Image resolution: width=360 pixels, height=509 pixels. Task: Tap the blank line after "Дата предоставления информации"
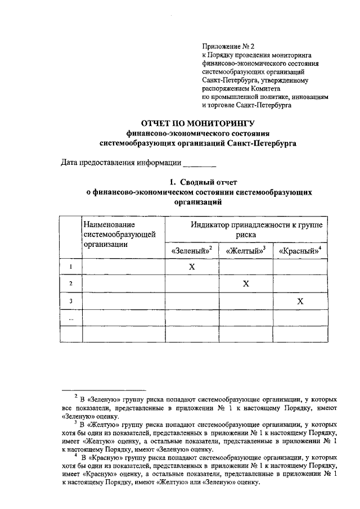point(200,164)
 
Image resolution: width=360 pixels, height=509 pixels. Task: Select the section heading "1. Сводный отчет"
point(204,182)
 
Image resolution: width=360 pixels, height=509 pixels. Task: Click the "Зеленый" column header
point(191,250)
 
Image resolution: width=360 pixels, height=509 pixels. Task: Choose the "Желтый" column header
point(245,250)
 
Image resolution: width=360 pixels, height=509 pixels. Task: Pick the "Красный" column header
point(300,250)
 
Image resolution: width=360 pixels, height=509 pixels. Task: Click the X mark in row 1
point(191,267)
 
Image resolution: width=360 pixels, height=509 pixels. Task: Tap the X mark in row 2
point(246,284)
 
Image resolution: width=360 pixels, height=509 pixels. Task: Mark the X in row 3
point(300,301)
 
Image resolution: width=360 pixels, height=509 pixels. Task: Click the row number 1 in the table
point(71,267)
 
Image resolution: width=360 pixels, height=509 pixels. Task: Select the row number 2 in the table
point(71,284)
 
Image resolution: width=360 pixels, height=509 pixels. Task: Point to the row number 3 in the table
point(71,301)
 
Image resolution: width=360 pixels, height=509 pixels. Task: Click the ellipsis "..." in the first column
point(71,318)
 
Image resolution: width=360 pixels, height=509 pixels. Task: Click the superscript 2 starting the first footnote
point(76,396)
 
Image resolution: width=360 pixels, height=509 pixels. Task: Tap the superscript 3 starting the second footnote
point(76,422)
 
